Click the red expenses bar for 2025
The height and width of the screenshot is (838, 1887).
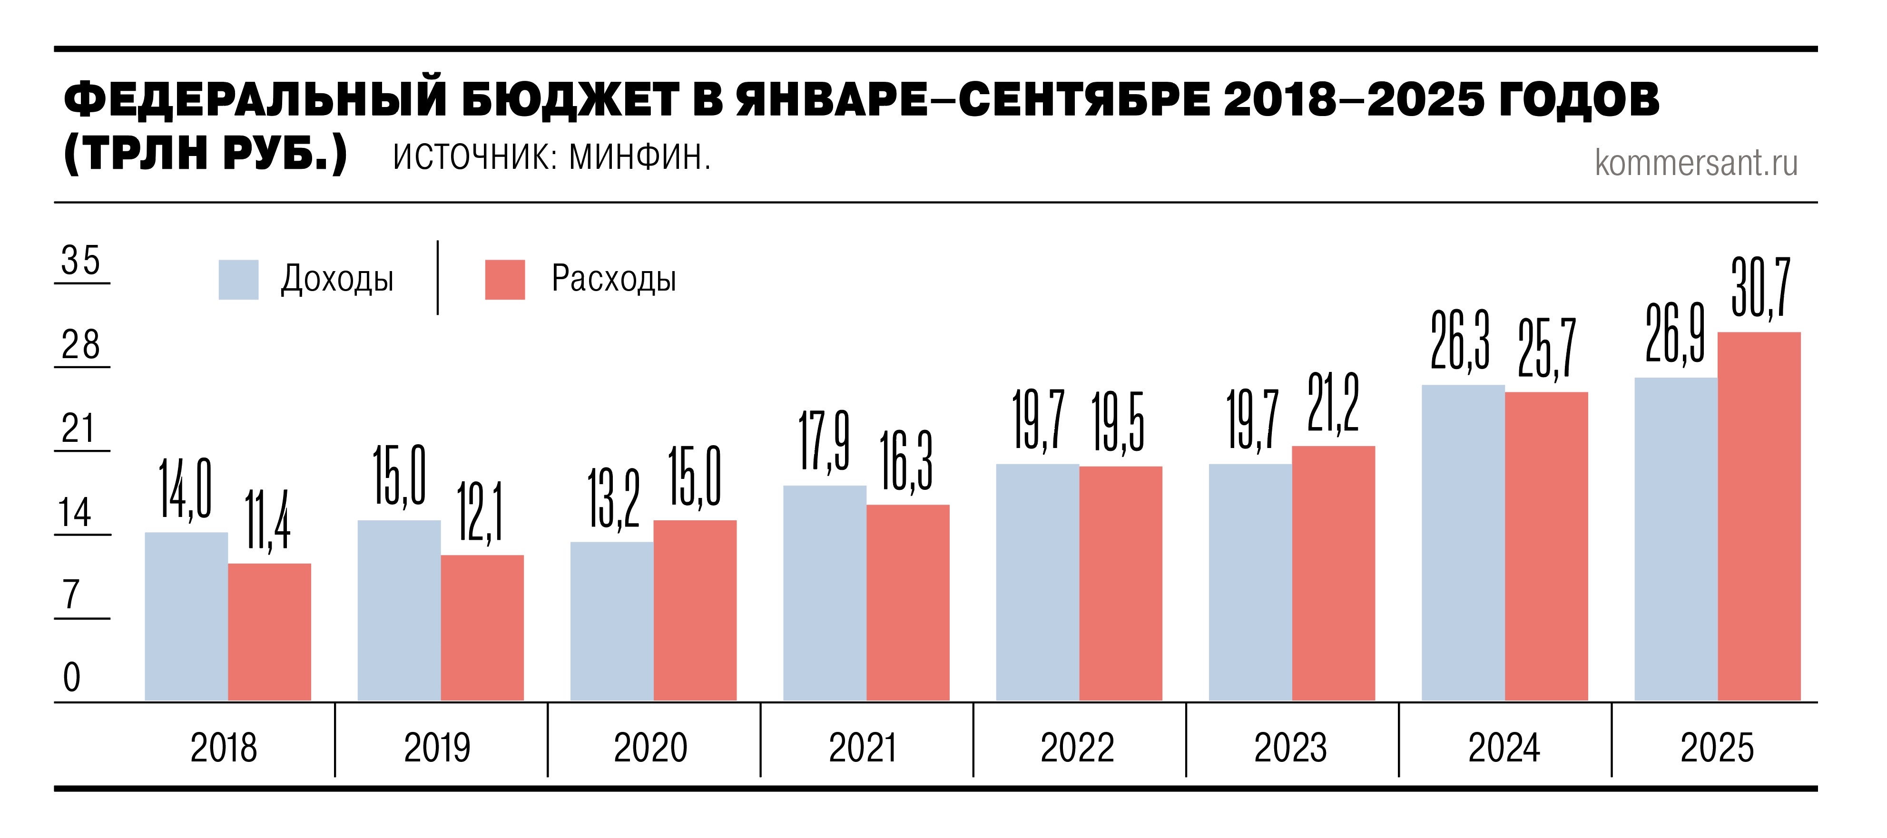coord(1759,516)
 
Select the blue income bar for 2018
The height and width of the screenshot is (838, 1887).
coord(186,616)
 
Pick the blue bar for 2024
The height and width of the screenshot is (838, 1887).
coord(1463,543)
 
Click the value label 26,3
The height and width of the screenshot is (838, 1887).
coord(1459,341)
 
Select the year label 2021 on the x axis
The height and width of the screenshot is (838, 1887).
coord(862,748)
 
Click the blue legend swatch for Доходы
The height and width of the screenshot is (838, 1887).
coord(238,280)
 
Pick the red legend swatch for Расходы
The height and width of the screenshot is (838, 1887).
coord(505,280)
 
